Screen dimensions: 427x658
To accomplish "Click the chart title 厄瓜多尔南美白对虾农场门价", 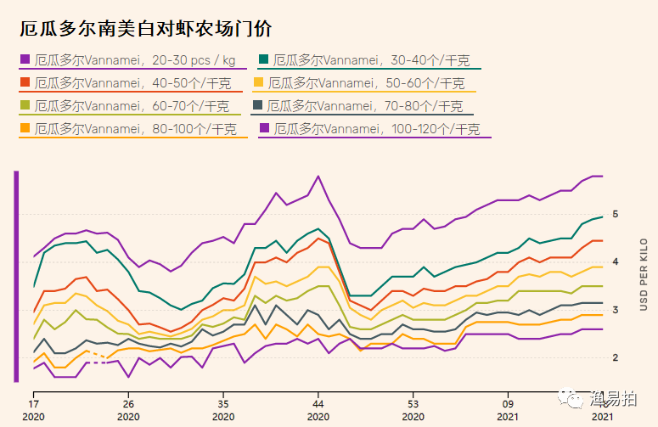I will coord(145,28).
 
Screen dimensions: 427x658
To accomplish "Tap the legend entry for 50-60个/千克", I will coord(366,83).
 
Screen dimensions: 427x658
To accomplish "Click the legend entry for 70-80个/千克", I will coord(364,106).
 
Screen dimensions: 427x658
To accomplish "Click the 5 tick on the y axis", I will coord(615,214).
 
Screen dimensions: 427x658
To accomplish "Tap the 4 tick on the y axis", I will coord(615,261).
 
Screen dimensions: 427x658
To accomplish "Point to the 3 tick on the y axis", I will coord(615,309).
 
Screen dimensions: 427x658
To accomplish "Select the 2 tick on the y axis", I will coord(615,357).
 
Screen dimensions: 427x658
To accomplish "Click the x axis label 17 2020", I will coord(34,411).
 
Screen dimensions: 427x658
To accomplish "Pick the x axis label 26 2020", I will coord(129,411).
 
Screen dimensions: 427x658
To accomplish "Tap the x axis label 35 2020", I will coord(223,411).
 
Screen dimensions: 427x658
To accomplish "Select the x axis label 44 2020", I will coord(318,411).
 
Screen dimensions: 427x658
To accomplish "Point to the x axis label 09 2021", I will coord(508,411).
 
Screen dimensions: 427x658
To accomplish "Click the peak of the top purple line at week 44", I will coord(318,177).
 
